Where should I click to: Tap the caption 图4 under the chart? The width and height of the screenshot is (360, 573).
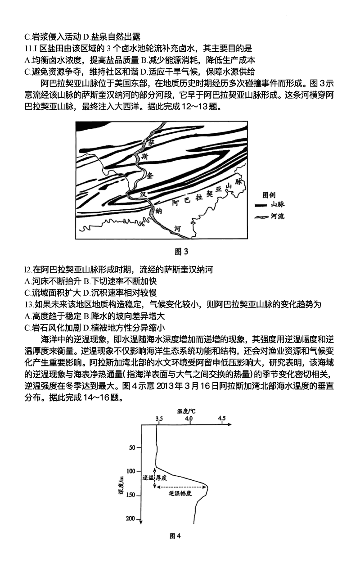click(x=175, y=536)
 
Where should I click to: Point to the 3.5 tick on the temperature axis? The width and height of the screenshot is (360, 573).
click(x=159, y=418)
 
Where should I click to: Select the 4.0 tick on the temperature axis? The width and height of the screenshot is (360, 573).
click(x=189, y=418)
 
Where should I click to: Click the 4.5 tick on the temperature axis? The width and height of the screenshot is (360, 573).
click(x=221, y=418)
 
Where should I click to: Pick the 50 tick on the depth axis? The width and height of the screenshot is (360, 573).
click(x=132, y=447)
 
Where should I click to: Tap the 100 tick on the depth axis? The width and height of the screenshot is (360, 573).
click(x=131, y=471)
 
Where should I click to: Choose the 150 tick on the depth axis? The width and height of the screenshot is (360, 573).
click(x=131, y=495)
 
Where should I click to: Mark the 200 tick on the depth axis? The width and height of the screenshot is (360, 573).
click(x=131, y=519)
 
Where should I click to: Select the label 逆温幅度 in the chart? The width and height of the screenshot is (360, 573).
click(x=180, y=494)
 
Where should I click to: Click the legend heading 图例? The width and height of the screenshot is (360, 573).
click(x=269, y=195)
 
